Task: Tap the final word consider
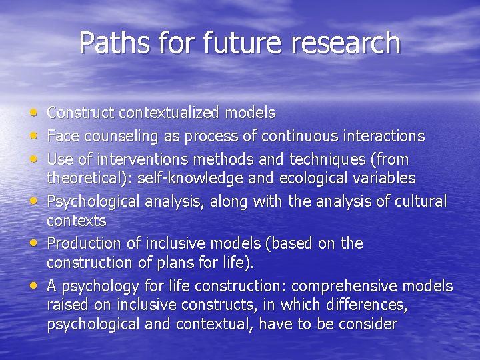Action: click(x=365, y=324)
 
